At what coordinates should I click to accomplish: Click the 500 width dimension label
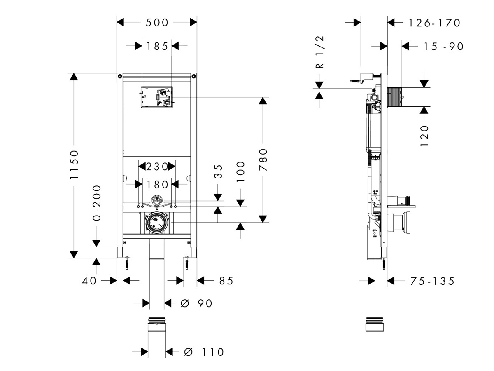[x=157, y=22]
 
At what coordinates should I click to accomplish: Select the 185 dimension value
[x=156, y=46]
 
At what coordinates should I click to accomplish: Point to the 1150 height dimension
[x=74, y=164]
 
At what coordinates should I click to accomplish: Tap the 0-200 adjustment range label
[x=96, y=202]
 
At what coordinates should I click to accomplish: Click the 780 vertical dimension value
[x=263, y=160]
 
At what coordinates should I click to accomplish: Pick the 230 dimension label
[x=156, y=167]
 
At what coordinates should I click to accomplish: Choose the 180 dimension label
[x=156, y=184]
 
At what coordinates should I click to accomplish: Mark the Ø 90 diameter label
[x=197, y=303]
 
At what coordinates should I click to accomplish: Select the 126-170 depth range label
[x=434, y=23]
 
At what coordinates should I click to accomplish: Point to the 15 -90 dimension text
[x=444, y=47]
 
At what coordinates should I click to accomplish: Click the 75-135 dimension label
[x=432, y=281]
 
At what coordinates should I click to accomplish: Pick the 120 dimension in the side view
[x=425, y=135]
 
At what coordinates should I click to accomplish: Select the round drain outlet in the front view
[x=156, y=223]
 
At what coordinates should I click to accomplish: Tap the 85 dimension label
[x=226, y=281]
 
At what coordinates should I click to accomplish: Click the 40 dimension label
[x=89, y=281]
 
